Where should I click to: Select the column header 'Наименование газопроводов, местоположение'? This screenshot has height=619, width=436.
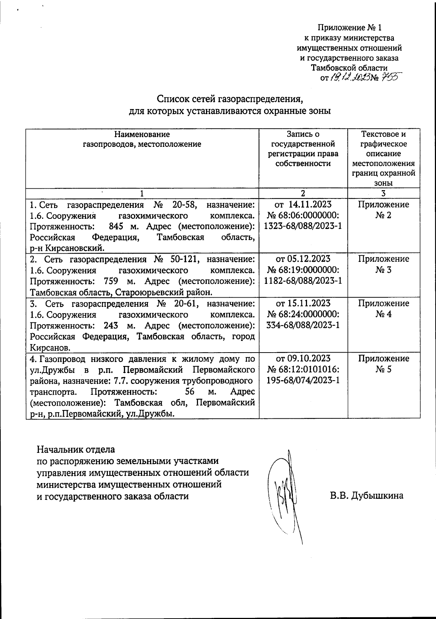[x=142, y=139]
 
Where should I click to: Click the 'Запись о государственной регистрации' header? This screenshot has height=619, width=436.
[x=303, y=149]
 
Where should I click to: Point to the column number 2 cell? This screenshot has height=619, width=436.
[x=303, y=193]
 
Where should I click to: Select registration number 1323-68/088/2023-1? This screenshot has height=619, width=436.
[x=303, y=226]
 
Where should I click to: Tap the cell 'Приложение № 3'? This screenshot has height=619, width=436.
[x=383, y=264]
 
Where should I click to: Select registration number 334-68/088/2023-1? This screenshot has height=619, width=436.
[x=303, y=325]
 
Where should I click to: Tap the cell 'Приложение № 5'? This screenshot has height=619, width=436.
[x=383, y=364]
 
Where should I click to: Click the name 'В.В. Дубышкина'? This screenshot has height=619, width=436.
[x=367, y=496]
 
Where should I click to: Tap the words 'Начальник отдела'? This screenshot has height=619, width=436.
[x=76, y=449]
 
